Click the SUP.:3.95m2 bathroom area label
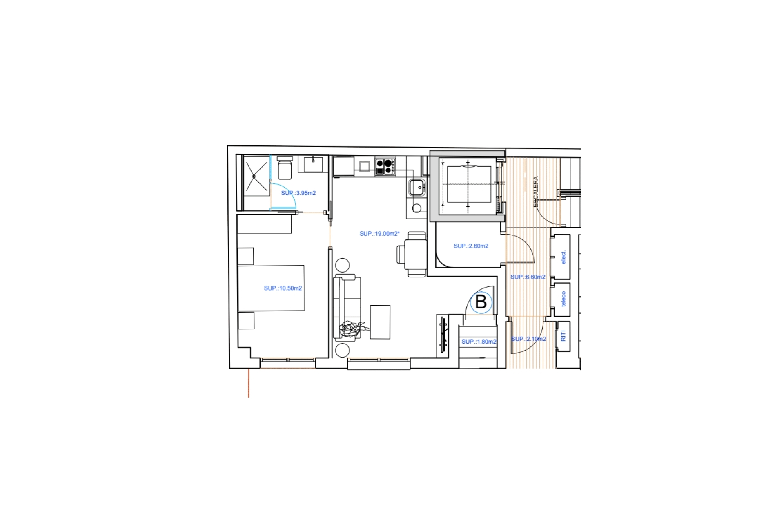(x=298, y=193)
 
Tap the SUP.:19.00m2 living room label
(x=379, y=234)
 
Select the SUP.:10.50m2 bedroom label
(x=283, y=288)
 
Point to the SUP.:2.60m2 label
(x=471, y=246)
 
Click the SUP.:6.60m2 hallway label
(x=528, y=277)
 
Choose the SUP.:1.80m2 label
(x=479, y=342)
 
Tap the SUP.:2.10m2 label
(x=528, y=339)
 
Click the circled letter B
(x=481, y=302)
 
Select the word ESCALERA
(x=536, y=192)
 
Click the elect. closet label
(x=563, y=257)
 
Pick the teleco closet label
(x=563, y=299)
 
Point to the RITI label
(x=563, y=336)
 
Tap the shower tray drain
(x=254, y=176)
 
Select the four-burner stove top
(x=385, y=166)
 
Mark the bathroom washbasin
(x=313, y=164)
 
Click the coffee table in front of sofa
(x=380, y=322)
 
